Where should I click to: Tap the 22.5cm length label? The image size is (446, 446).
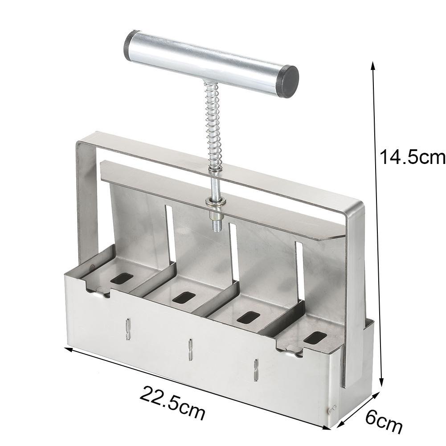pos(173,402)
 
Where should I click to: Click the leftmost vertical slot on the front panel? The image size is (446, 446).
pos(127,329)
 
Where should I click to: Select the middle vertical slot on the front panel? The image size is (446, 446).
pos(189,348)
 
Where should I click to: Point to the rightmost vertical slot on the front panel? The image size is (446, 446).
pos(256,370)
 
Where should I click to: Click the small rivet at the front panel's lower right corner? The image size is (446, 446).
pos(334,406)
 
